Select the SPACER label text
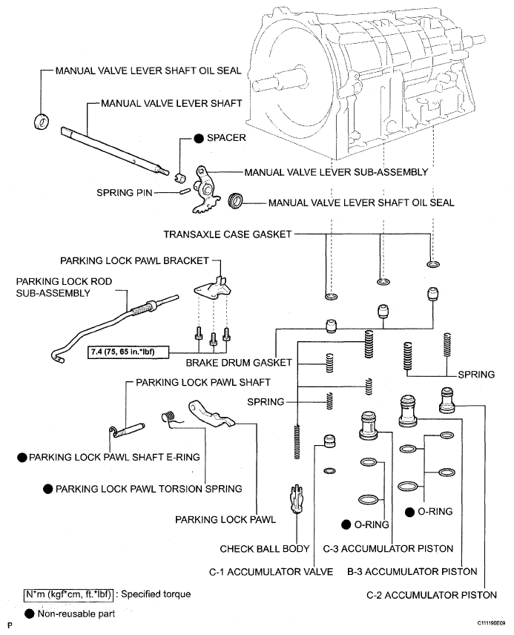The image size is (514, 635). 226,138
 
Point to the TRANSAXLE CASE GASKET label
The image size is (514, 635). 228,234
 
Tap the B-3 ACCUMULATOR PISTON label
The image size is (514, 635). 412,572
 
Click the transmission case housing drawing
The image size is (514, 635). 356,96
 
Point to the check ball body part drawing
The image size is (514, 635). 297,498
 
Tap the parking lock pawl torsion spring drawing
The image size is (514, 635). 170,419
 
